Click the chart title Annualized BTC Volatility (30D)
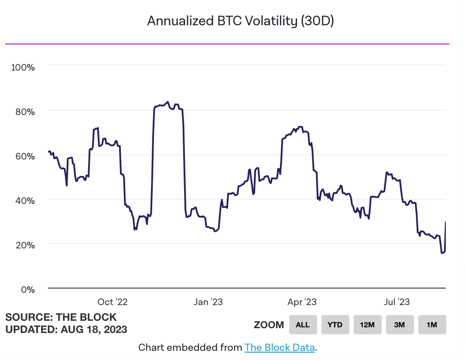240,21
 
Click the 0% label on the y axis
28,289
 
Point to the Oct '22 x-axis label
112,302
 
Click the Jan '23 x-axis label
208,302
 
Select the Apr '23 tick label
302,302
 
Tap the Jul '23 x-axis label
396,302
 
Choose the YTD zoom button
335,325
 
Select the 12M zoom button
367,325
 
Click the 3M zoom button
400,325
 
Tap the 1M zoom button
432,325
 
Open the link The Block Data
280,347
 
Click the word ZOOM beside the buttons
269,325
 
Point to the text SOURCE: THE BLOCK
61,317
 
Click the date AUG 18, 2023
92,329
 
